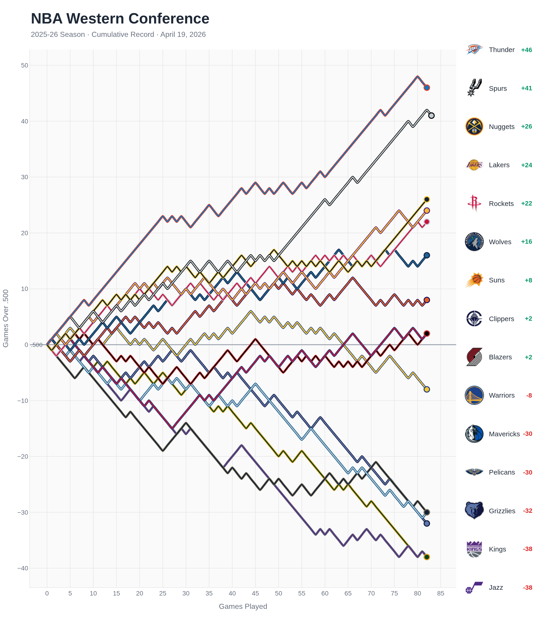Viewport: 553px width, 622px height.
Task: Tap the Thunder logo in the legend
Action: pos(474,50)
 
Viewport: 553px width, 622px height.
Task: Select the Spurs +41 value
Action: pos(526,88)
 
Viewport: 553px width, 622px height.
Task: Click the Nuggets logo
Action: pos(474,127)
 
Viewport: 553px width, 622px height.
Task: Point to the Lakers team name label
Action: pos(499,165)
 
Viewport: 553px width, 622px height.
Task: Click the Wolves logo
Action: pos(474,242)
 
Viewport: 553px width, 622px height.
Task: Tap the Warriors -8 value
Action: pos(529,396)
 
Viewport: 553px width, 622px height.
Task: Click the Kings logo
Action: pos(474,549)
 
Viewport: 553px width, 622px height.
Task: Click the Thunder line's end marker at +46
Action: pos(427,88)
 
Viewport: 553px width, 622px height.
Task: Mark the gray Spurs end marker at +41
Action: pos(431,116)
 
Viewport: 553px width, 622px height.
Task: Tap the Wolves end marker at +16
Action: pos(427,255)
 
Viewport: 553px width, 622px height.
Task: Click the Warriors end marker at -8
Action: pos(427,390)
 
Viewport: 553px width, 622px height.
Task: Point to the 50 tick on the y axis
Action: pos(24,65)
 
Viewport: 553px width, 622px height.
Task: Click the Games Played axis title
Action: pos(243,607)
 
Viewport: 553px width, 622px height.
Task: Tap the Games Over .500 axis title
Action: pos(6,318)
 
